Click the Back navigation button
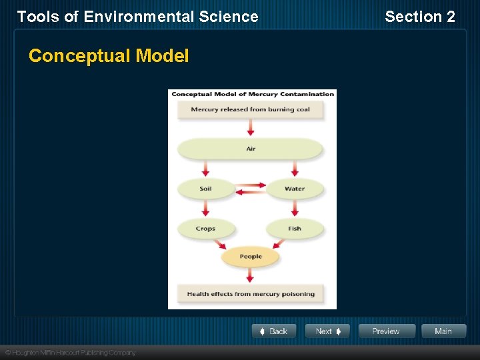click(274, 331)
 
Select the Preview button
click(387, 331)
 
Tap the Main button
click(443, 331)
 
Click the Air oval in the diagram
click(251, 149)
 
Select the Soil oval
click(205, 189)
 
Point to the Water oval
click(295, 189)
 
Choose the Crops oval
click(205, 229)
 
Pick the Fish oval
click(295, 229)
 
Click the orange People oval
click(251, 257)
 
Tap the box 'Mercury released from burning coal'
click(251, 110)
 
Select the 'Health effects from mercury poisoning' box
click(251, 294)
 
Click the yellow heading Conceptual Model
click(109, 56)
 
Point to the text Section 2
click(420, 17)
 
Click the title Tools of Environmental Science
click(137, 17)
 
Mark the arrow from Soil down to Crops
click(205, 209)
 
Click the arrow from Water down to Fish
click(295, 209)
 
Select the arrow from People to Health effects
click(251, 275)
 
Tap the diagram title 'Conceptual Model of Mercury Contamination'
click(253, 94)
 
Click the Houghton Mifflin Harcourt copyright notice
click(70, 353)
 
